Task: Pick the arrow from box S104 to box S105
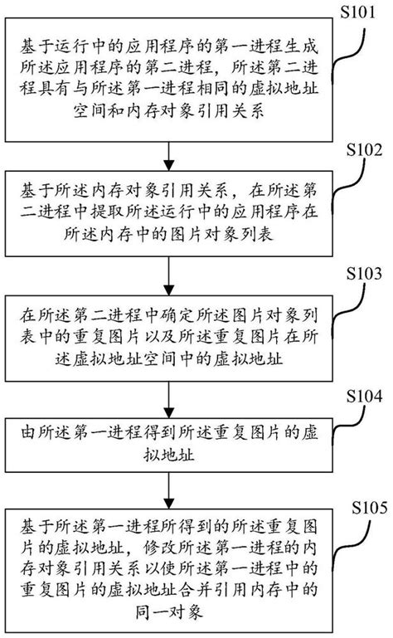pos(168,489)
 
